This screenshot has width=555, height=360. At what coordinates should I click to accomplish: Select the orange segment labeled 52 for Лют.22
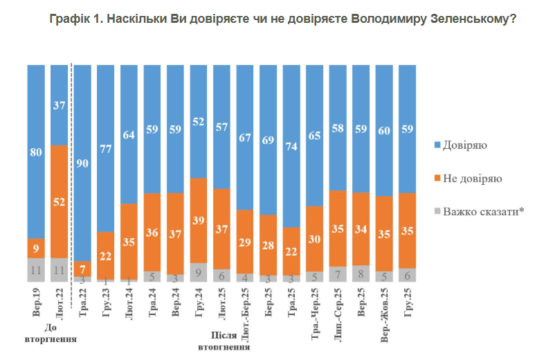[x=60, y=201]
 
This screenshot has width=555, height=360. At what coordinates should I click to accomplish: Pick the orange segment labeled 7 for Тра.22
[x=82, y=268]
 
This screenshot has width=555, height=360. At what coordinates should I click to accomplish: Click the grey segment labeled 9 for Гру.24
[x=199, y=273]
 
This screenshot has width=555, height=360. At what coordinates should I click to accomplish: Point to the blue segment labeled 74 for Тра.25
[x=291, y=145]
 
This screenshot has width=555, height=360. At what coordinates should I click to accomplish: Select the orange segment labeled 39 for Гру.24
[x=199, y=221]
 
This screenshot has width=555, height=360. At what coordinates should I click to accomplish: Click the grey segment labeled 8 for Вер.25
[x=361, y=274]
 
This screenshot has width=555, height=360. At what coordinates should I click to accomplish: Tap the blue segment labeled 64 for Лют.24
[x=129, y=134]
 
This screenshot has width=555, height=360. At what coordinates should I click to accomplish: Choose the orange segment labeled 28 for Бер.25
[x=269, y=245]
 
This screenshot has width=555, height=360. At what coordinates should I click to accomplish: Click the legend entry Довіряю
[x=464, y=145]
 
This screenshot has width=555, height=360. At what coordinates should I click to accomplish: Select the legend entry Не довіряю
[x=471, y=179]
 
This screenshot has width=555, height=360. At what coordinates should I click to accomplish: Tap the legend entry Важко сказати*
[x=482, y=211]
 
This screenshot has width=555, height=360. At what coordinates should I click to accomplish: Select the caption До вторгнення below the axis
[x=51, y=334]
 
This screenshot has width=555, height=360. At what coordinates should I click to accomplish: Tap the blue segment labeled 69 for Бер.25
[x=269, y=140]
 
